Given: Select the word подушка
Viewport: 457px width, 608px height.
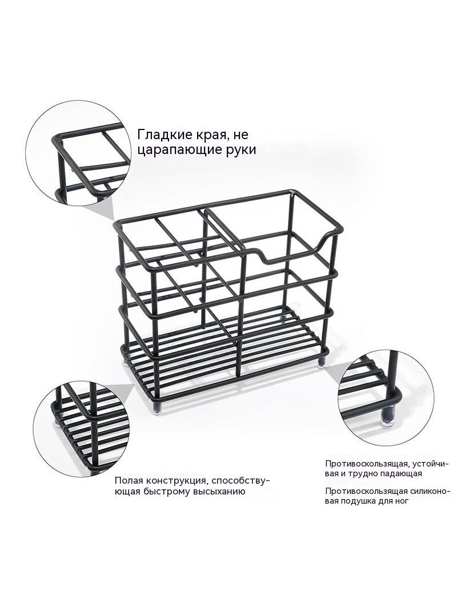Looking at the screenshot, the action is pos(358,501).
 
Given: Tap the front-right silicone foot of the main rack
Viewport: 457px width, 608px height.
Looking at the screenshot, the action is pos(321,362).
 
